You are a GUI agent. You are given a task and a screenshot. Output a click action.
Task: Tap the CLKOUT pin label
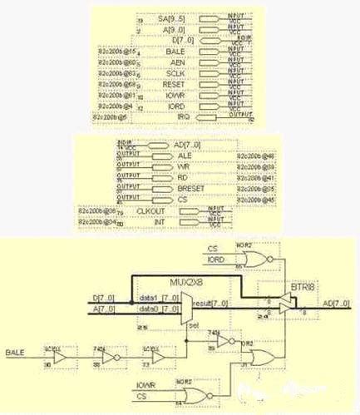click(x=146, y=211)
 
